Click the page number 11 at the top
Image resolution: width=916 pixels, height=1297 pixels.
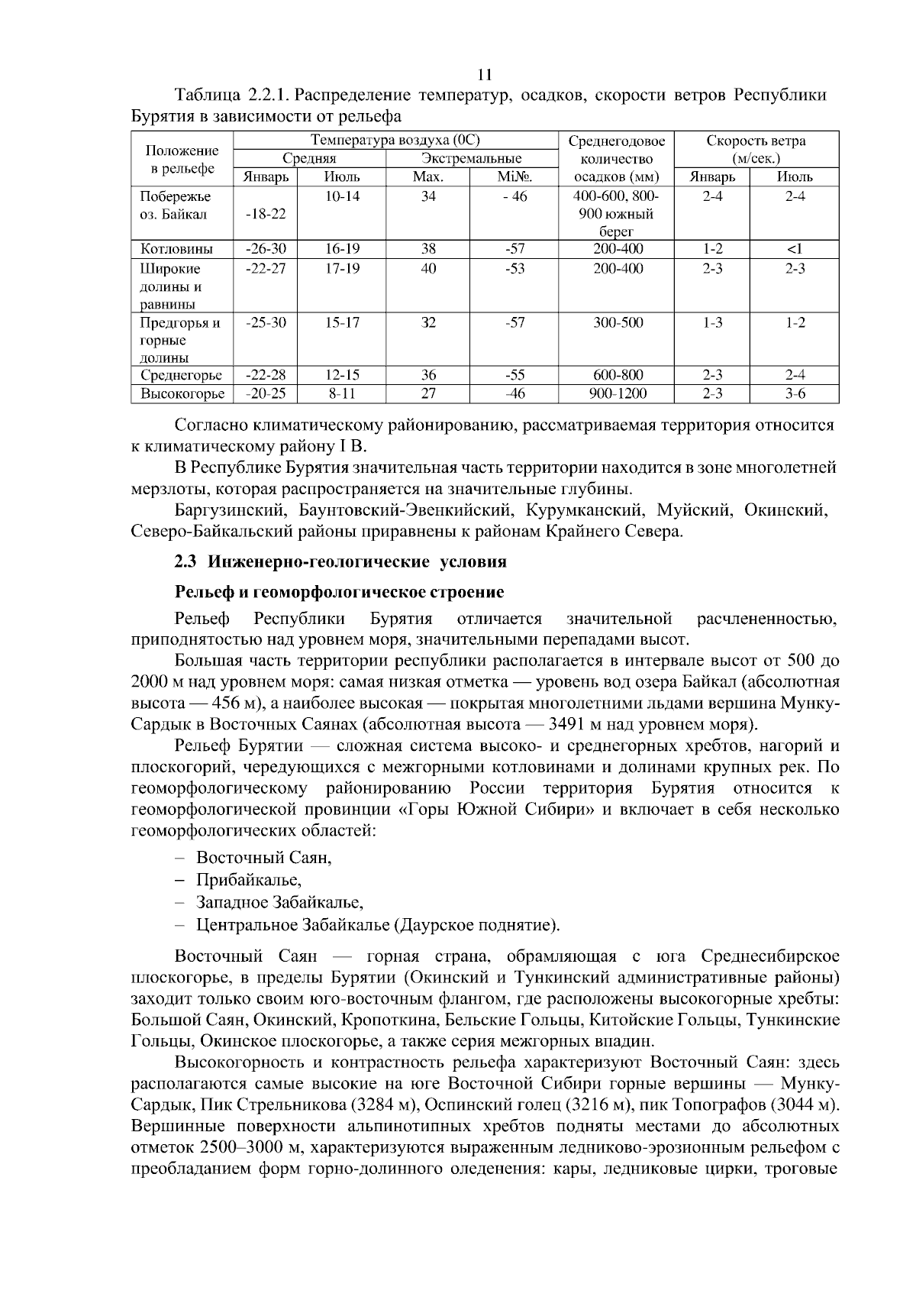[x=484, y=75]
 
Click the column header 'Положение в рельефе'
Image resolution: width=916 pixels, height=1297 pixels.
[x=182, y=159]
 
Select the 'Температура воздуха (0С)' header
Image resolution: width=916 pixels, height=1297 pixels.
[x=395, y=141]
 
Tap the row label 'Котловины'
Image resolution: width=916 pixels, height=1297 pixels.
[x=176, y=249]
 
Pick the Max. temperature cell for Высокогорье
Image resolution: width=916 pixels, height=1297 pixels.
[x=429, y=394]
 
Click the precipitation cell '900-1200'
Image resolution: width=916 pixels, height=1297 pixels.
[x=618, y=394]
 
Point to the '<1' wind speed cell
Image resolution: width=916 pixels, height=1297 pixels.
[x=795, y=249]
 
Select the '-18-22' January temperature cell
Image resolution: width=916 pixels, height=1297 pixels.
[x=266, y=214]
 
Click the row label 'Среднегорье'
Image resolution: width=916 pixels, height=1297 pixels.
[x=182, y=375]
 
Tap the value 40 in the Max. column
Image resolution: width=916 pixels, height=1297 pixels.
[x=429, y=269]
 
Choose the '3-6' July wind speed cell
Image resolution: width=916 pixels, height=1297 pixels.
[x=795, y=394]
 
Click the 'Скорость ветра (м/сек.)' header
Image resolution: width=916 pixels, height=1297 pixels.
[x=756, y=150]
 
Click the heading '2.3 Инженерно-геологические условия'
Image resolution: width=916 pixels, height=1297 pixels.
[x=340, y=562]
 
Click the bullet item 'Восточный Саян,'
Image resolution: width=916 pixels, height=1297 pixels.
[x=263, y=858]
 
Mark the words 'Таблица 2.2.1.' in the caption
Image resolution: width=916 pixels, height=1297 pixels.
[x=232, y=96]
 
